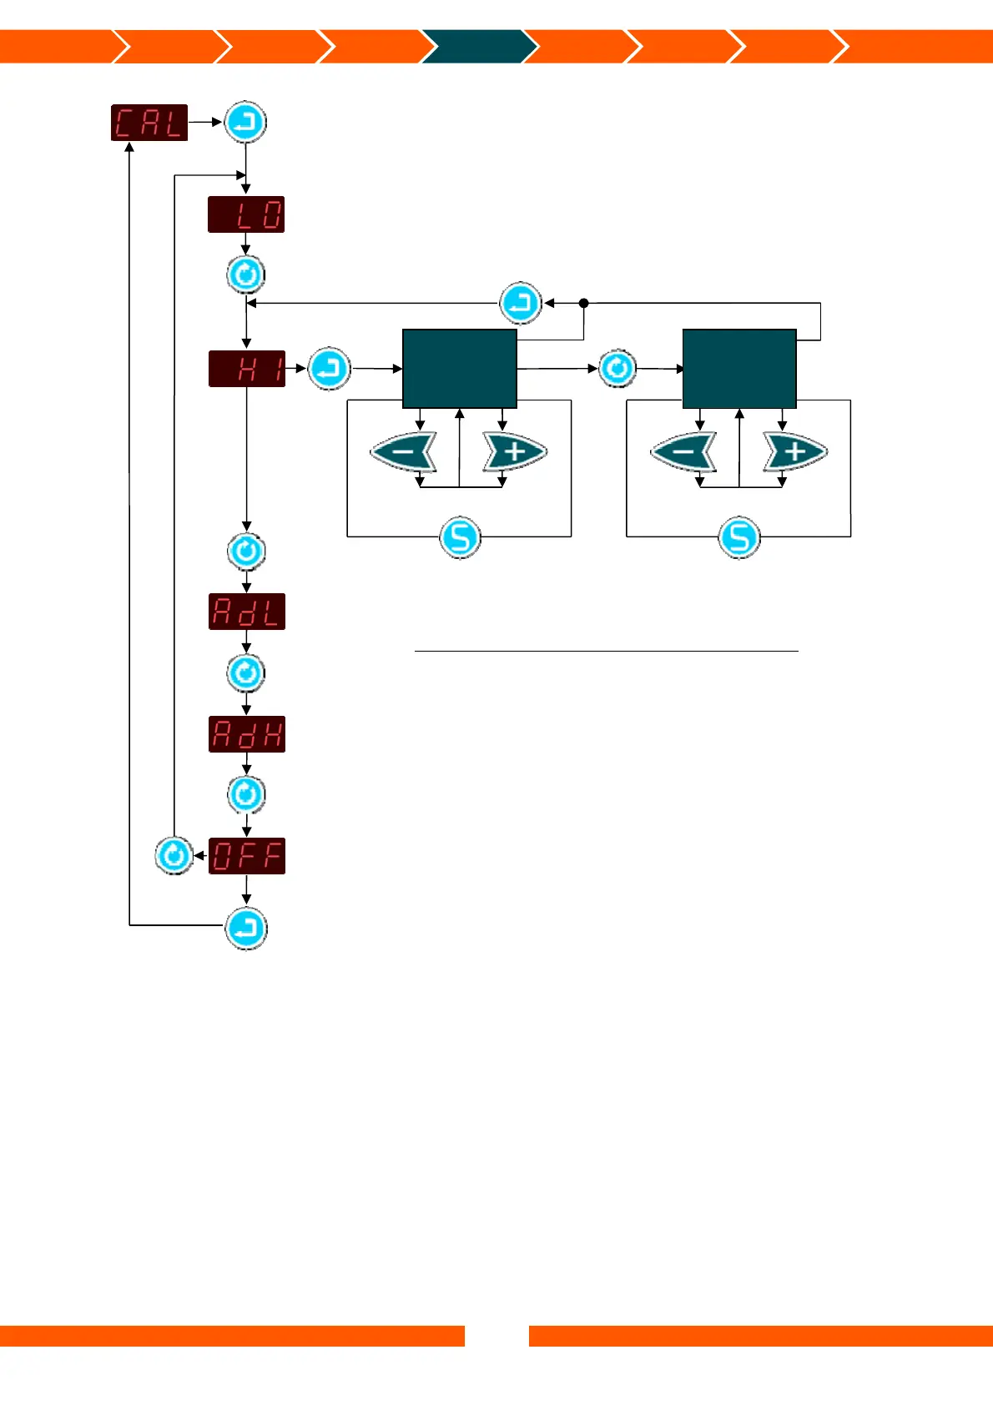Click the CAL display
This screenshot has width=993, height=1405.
(149, 123)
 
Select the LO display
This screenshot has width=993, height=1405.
(246, 214)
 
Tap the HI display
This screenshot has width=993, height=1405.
(247, 369)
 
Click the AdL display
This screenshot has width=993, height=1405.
(247, 612)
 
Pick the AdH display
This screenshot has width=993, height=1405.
(247, 734)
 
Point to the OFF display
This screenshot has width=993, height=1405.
(247, 856)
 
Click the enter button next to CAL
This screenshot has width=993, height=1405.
(245, 123)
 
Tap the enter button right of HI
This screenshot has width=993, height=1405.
(330, 369)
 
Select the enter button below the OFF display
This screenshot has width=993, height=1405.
(246, 929)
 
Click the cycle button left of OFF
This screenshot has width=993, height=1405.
(174, 856)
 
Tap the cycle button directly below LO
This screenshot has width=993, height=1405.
(246, 274)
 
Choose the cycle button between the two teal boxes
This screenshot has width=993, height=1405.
(617, 369)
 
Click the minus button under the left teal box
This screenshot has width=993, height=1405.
(404, 452)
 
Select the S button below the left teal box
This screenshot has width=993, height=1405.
(460, 536)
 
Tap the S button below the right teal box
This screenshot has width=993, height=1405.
(739, 536)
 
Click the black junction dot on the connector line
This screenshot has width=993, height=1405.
(584, 303)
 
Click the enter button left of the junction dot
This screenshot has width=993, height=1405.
(521, 303)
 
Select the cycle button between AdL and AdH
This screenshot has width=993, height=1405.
(246, 673)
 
